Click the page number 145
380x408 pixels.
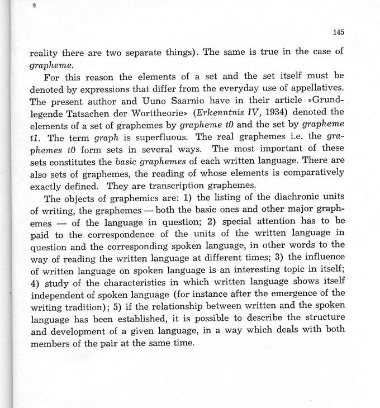(338, 32)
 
